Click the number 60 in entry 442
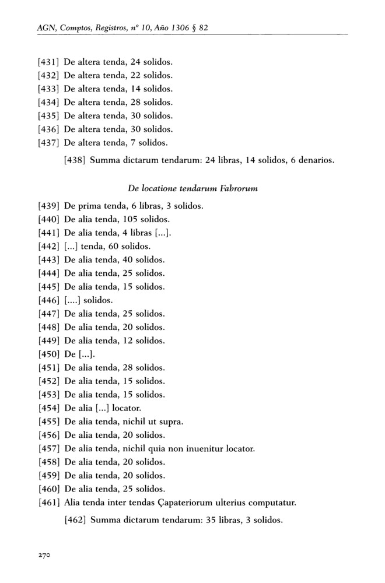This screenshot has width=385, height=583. (111, 246)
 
